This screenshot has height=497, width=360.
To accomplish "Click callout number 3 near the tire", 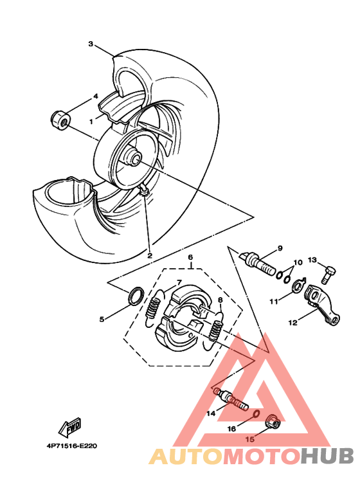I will (x=91, y=44).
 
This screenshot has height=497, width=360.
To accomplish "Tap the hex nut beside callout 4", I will (x=58, y=118).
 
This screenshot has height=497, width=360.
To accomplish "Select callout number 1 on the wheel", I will (x=92, y=120).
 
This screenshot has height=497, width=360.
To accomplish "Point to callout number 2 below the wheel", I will (x=149, y=255).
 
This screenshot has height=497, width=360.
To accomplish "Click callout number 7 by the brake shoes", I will (x=179, y=282).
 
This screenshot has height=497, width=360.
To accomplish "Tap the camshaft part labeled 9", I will (x=258, y=261).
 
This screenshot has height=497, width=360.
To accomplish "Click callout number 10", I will (x=297, y=263).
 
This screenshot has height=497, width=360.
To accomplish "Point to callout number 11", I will (x=273, y=300).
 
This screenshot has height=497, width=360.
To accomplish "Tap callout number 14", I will (x=211, y=414).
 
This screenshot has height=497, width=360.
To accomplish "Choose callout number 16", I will (x=231, y=427).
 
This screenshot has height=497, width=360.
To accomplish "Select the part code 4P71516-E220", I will (x=71, y=444).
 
